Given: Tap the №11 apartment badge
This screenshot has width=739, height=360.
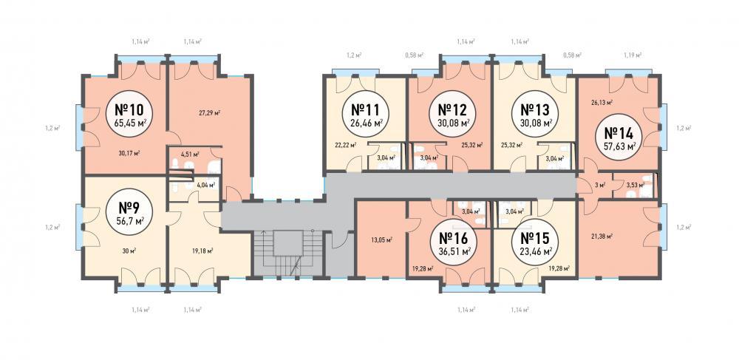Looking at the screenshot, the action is (366, 114).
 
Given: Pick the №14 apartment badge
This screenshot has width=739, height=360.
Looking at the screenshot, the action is (619, 137).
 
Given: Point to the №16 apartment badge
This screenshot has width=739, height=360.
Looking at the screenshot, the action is (454, 242).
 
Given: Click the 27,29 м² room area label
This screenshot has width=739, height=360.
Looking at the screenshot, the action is (210, 112).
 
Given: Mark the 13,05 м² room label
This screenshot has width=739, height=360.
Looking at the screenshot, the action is (382, 240).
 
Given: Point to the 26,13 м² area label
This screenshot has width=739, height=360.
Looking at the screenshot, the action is (602, 102).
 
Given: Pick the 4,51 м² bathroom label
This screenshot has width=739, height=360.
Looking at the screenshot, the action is (190, 154).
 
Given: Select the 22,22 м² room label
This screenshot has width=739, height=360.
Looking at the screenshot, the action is (344, 145).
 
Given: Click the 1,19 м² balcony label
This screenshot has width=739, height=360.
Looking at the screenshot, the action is (633, 55).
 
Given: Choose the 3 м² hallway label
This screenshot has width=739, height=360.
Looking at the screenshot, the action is (600, 186).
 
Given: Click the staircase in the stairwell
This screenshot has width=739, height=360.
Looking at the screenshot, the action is (287, 253).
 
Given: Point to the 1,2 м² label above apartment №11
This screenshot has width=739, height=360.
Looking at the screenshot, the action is (353, 55).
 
